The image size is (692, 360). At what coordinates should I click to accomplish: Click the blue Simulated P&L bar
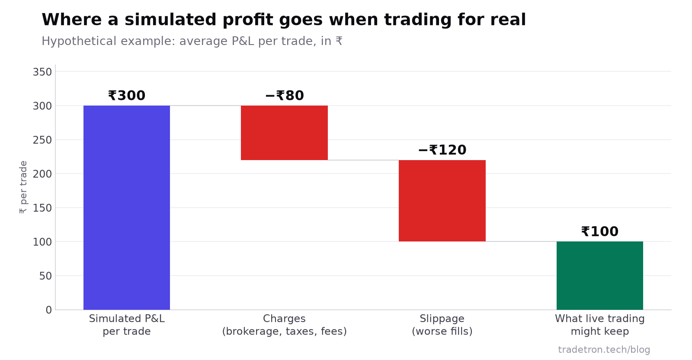click(127, 208)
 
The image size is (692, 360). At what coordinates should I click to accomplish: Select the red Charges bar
click(284, 133)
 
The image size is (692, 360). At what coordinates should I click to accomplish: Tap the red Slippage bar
click(442, 201)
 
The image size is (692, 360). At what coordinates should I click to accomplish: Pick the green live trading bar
click(600, 276)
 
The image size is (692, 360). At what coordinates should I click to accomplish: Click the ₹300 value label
click(127, 96)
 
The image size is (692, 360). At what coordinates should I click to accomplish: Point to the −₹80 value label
click(285, 96)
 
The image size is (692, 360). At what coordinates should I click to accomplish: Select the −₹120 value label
click(442, 150)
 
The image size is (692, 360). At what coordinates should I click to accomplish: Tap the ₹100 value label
click(600, 231)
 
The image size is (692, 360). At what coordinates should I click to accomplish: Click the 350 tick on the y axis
click(42, 72)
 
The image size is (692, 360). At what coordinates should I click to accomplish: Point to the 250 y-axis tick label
click(42, 140)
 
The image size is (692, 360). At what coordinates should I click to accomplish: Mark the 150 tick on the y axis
click(42, 208)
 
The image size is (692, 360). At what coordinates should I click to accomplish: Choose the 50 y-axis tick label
click(45, 276)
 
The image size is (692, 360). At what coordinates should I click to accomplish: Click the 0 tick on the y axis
click(49, 310)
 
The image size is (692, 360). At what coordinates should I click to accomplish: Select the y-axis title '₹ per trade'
click(23, 187)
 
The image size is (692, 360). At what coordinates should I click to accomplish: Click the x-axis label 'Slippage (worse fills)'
click(442, 325)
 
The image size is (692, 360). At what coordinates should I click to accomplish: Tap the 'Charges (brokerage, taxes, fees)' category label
click(285, 325)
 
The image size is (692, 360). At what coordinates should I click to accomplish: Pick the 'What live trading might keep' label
click(600, 325)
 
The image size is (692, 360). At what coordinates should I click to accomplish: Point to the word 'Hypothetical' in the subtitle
click(78, 41)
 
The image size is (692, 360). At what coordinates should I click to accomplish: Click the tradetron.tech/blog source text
click(604, 350)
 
